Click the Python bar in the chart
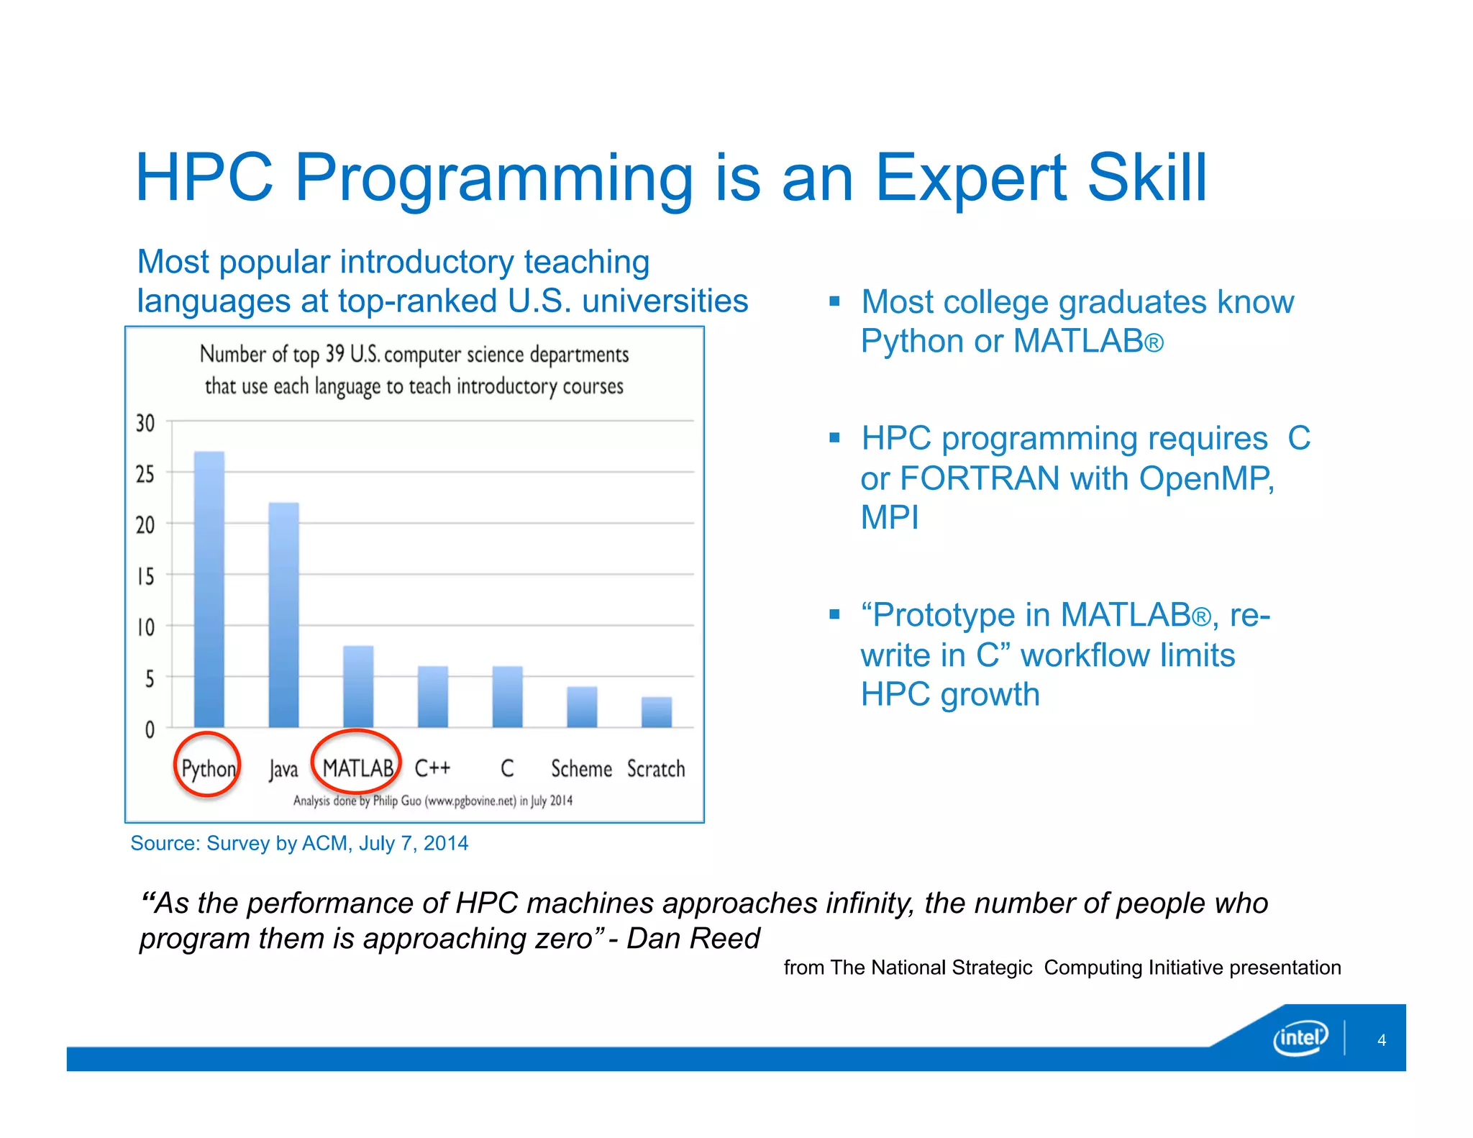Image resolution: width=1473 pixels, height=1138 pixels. tap(209, 590)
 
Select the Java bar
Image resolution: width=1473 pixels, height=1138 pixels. tap(283, 615)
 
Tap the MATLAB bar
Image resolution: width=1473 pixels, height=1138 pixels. tap(358, 687)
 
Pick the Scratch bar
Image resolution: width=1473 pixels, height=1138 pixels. tap(656, 712)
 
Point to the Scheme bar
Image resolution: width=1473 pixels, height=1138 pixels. tap(581, 707)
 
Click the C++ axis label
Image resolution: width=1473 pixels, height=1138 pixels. tap(432, 768)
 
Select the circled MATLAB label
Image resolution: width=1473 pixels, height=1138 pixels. tap(357, 768)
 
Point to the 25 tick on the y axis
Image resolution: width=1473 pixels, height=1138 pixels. tap(145, 474)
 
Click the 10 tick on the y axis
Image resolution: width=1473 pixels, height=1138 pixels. tap(145, 627)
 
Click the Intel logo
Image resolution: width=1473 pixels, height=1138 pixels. tap(1300, 1038)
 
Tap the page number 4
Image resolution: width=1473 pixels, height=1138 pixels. tap(1381, 1040)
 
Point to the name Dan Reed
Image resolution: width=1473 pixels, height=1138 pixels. tap(693, 939)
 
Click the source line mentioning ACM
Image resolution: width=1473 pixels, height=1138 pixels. tap(299, 843)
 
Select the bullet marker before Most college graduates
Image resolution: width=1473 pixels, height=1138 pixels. tap(834, 301)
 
